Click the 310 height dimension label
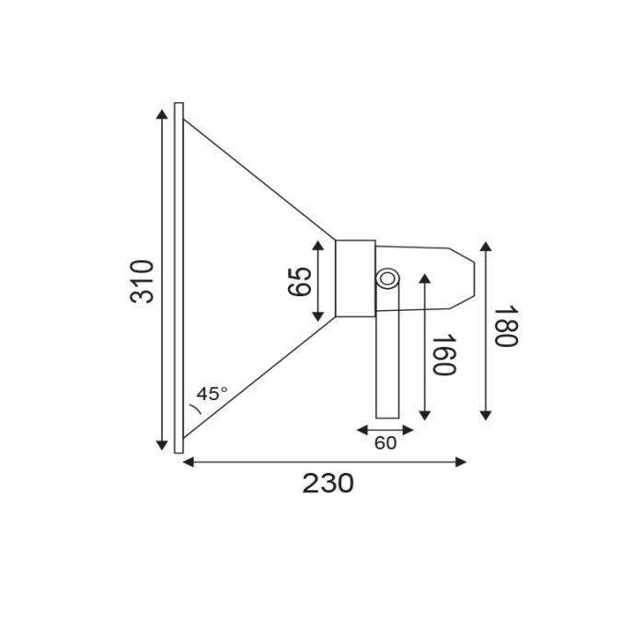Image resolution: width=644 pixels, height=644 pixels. click(142, 282)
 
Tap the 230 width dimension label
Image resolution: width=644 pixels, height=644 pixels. click(328, 483)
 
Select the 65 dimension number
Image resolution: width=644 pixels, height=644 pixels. click(300, 281)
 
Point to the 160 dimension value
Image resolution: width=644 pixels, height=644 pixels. click(443, 355)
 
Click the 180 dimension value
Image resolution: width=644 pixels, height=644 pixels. click(505, 328)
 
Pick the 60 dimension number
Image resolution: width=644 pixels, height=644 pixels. click(385, 443)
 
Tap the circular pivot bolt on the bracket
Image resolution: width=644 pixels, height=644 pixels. click(387, 278)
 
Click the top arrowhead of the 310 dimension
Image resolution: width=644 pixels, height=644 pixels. click(165, 113)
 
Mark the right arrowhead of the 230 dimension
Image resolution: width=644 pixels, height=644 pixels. click(462, 462)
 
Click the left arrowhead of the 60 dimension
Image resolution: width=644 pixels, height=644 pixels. click(361, 429)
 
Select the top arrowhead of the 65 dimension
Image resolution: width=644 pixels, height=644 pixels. click(318, 246)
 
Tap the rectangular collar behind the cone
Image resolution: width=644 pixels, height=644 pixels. click(355, 278)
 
